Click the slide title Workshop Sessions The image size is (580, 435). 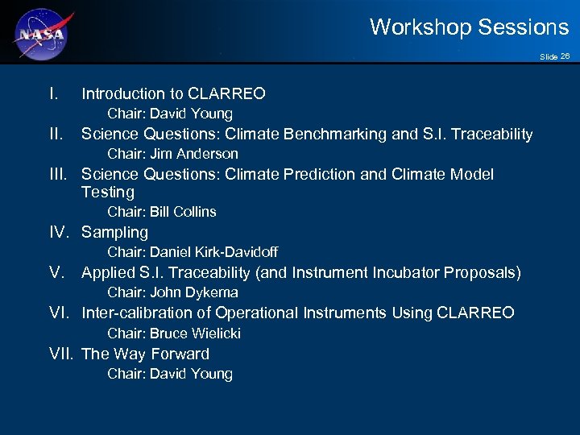pyautogui.click(x=469, y=27)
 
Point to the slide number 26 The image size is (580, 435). pyautogui.click(x=565, y=56)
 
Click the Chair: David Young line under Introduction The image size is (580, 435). pyautogui.click(x=170, y=114)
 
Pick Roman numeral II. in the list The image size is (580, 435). pyautogui.click(x=56, y=134)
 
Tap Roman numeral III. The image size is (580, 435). pyautogui.click(x=60, y=174)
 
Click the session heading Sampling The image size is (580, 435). pyautogui.click(x=114, y=233)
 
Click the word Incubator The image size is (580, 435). pyautogui.click(x=404, y=273)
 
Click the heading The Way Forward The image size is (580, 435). pyautogui.click(x=145, y=354)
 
